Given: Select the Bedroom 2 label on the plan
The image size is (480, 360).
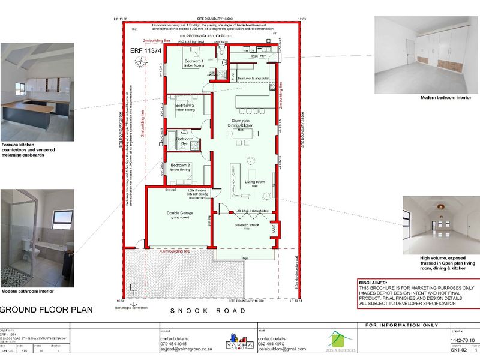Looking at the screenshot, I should pos(185,106).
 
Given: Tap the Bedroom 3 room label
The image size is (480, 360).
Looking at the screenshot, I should pos(181,166).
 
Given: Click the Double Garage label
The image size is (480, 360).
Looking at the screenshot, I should pos(178,212).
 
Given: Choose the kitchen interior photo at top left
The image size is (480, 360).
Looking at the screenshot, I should pos(37,92).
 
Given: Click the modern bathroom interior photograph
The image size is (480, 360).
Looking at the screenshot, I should pos(37,238).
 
